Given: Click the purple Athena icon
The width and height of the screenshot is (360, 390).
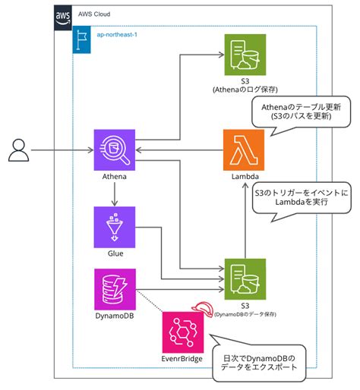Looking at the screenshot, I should [112, 149].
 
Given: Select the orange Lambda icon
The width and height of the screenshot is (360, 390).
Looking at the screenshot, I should [243, 149].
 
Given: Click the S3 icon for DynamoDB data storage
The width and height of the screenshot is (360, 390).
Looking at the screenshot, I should [243, 278].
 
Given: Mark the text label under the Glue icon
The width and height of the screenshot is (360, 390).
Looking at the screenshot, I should [112, 254].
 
